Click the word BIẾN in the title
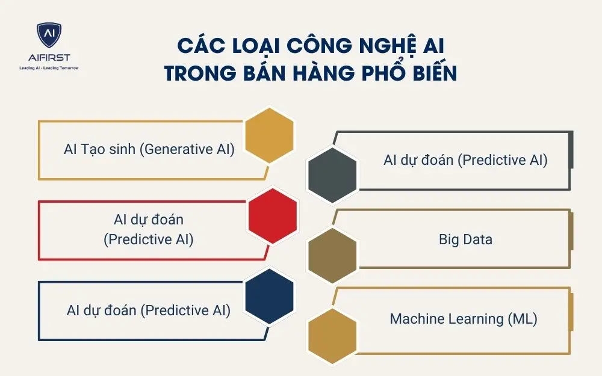coord(430,73)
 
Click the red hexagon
coord(273,216)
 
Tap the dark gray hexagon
coord(332,174)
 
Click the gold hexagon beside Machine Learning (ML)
coord(332,336)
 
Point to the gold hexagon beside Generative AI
coord(270,135)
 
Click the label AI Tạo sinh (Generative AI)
coord(149,149)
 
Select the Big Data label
coord(465,239)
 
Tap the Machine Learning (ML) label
coord(464,319)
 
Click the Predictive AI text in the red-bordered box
coord(149,230)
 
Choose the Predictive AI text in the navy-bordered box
coord(149,310)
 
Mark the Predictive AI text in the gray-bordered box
coord(465,160)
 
